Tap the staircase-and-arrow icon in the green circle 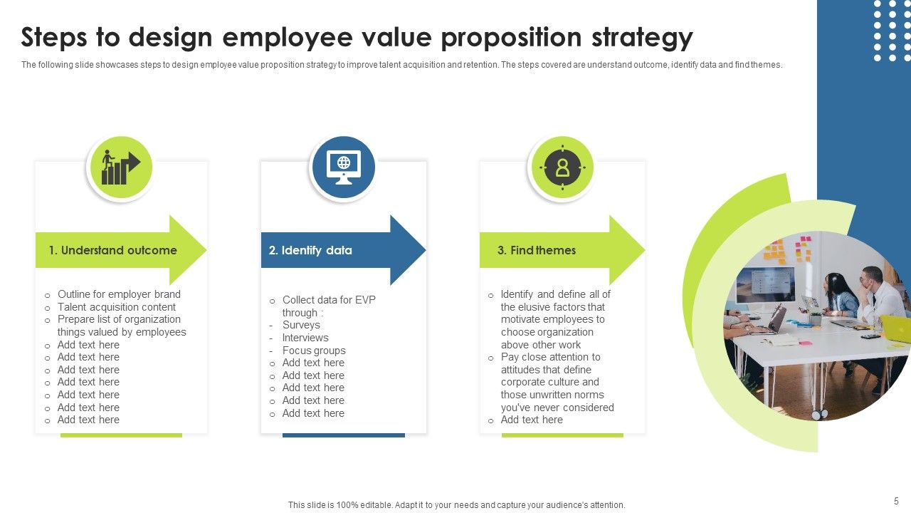[120, 168]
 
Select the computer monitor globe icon [343, 168]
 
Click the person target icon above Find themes [562, 168]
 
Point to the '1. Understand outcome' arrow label [112, 250]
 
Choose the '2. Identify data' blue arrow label [310, 250]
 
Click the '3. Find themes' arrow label [537, 250]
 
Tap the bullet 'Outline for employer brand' [119, 294]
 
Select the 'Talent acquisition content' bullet [117, 307]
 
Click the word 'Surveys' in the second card [301, 325]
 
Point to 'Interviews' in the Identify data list [305, 338]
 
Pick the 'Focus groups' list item [314, 351]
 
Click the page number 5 [896, 501]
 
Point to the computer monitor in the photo [765, 284]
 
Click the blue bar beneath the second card [344, 435]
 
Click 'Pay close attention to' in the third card [550, 357]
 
